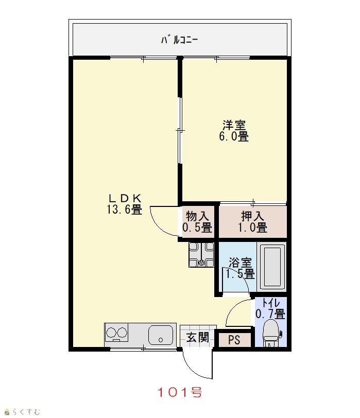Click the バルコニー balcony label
point(179,40)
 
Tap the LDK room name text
point(125,198)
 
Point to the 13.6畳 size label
point(125,210)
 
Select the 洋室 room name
point(234,125)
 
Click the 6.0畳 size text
point(234,136)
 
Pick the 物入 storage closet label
point(197,216)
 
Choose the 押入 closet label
point(252,216)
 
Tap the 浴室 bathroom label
point(241,263)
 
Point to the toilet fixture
point(271,333)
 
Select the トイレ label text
point(271,303)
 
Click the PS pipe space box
point(234,340)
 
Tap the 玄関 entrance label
point(198,338)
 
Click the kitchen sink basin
point(161,335)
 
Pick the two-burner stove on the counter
point(116,333)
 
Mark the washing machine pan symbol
point(201,255)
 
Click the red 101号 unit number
point(180,392)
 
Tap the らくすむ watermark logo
point(22,412)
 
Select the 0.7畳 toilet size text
point(270,314)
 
